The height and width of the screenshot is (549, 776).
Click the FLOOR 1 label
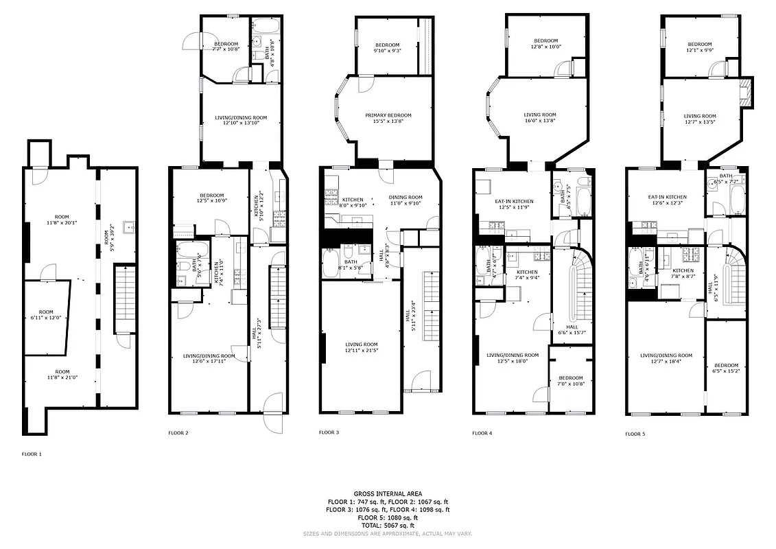[x=32, y=454]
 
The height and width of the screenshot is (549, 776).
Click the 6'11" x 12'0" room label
[x=46, y=314]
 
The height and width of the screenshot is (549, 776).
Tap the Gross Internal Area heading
[x=388, y=493]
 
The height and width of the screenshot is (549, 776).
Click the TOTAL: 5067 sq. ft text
[x=388, y=525]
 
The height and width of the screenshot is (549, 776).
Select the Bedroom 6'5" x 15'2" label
[x=726, y=368]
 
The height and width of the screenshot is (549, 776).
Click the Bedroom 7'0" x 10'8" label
[x=570, y=381]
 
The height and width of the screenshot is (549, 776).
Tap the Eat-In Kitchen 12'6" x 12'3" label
[x=668, y=200]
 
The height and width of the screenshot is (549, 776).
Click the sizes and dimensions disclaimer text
[x=388, y=533]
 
